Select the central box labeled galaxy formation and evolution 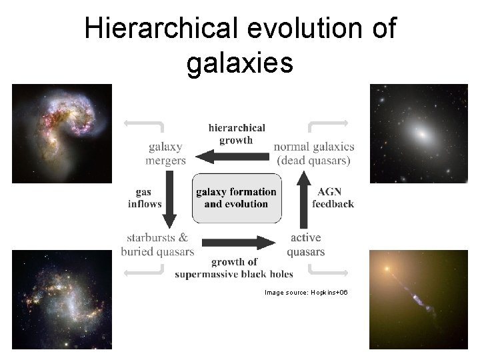(x=236, y=197)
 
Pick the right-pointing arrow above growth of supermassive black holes (x=238, y=243)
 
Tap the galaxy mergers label (x=165, y=153)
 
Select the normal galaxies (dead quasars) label (x=314, y=153)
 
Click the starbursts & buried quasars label (x=157, y=245)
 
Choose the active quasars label (x=305, y=245)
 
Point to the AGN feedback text (x=333, y=198)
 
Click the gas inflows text (x=145, y=198)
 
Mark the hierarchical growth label (x=236, y=133)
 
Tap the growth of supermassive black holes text (x=233, y=268)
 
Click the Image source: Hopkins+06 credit (x=306, y=293)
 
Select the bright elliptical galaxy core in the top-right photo (x=421, y=133)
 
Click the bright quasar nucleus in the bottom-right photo (x=385, y=270)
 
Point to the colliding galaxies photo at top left (x=61, y=133)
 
